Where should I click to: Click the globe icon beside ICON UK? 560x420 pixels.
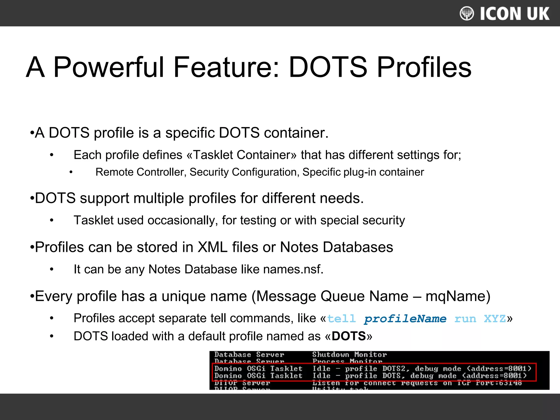point(467,13)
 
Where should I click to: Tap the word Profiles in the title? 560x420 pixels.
point(424,67)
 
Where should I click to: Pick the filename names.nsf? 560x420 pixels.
point(293,269)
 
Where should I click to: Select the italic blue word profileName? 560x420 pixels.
point(405,319)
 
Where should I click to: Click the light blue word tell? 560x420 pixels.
point(341,319)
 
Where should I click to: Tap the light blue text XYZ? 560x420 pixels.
point(495,319)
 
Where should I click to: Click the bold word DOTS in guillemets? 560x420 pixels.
point(348,336)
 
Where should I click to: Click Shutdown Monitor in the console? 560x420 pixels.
point(349,355)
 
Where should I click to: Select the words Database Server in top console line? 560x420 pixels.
point(249,355)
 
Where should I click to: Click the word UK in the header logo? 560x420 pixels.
point(538,14)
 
